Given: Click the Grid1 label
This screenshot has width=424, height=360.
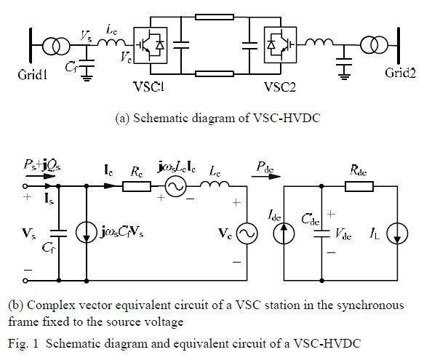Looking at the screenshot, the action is [33, 75].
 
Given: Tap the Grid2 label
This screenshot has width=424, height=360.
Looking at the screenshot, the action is [400, 73].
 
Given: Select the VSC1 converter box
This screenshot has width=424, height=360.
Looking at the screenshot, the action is [151, 45].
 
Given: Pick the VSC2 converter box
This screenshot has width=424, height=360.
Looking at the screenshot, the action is [280, 45].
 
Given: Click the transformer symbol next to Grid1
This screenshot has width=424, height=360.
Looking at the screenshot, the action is [56, 45].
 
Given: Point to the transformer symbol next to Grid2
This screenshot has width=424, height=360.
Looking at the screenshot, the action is [375, 45].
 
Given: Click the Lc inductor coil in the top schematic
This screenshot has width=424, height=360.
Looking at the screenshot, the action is [112, 42].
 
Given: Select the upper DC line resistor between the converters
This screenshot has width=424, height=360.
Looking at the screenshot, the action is [215, 17].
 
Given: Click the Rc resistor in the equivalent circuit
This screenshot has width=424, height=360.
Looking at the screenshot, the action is [137, 186].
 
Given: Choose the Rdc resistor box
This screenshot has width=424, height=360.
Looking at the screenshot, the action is [359, 186].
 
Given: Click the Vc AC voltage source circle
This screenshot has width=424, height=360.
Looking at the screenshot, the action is [247, 233].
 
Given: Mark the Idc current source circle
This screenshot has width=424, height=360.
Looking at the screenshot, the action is [284, 233].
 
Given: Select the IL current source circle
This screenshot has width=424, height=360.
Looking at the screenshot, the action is [397, 233].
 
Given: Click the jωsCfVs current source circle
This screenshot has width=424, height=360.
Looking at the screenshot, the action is [87, 232].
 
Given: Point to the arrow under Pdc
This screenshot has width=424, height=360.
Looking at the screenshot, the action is [266, 177].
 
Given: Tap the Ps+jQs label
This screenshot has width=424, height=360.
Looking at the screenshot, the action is [42, 164].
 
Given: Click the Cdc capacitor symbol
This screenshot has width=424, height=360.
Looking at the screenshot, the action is [321, 233].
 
